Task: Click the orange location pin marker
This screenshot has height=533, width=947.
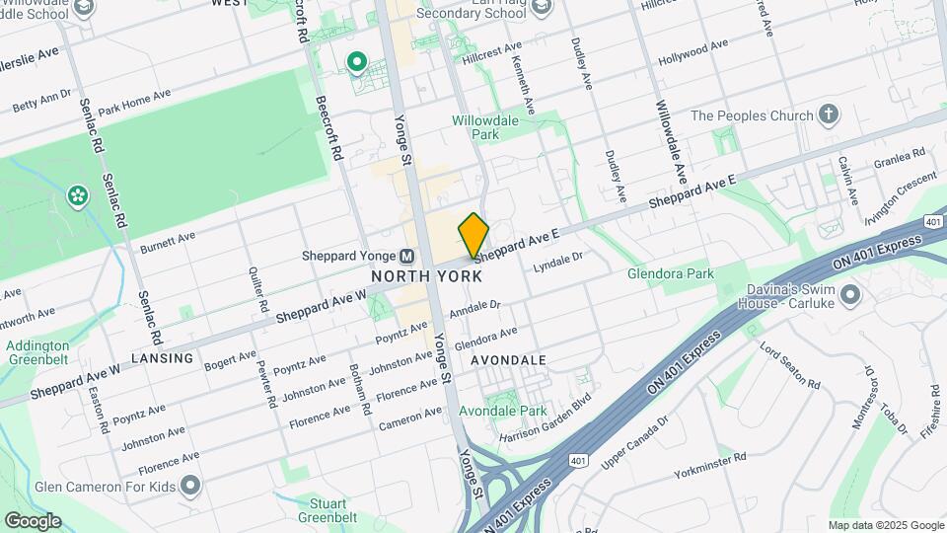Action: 473,235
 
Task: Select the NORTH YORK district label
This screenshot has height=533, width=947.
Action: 426,276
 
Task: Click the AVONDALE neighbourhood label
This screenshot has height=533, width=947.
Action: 507,360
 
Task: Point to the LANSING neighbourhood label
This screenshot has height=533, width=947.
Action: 162,358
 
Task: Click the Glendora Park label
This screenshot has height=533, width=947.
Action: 670,273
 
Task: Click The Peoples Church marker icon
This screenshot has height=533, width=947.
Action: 829,115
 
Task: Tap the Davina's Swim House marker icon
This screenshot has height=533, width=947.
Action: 850,294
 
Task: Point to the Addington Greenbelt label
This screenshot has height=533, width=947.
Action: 37,353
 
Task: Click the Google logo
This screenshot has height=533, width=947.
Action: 32,520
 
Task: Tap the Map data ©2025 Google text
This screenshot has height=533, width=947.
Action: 885,525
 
